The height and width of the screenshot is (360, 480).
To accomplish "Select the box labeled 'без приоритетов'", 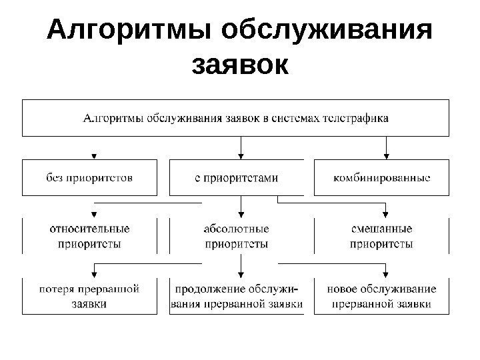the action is [90, 177].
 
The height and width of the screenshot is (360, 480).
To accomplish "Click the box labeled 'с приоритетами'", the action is [236, 177].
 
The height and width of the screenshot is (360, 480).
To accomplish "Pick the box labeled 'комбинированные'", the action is [381, 177].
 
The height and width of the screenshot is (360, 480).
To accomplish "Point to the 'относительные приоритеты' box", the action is [90, 236].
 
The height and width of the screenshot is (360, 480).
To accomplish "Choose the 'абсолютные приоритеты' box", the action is [236, 236].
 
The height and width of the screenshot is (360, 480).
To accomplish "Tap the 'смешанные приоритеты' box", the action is [381, 236].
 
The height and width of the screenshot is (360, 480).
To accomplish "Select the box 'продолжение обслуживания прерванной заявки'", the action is [236, 296].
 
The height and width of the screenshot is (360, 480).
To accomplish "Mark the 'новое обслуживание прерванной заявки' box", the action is [381, 296].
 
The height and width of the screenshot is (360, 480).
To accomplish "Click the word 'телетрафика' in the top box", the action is [355, 119].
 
